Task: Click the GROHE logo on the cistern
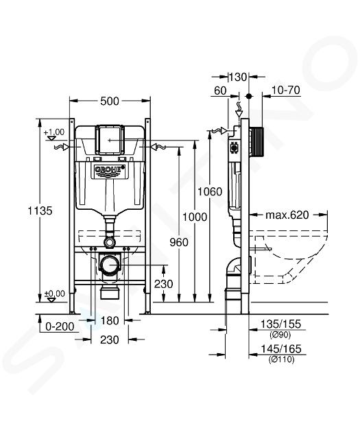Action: click(x=110, y=171)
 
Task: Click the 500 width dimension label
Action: click(x=110, y=101)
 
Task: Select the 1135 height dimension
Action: click(x=40, y=211)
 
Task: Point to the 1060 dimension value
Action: click(x=210, y=191)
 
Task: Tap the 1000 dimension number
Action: click(x=195, y=217)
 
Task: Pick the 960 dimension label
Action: click(x=179, y=242)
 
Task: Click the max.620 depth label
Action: click(x=287, y=215)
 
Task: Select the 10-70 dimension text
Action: click(x=286, y=90)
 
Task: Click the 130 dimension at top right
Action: click(x=238, y=77)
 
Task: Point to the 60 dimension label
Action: click(x=220, y=91)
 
